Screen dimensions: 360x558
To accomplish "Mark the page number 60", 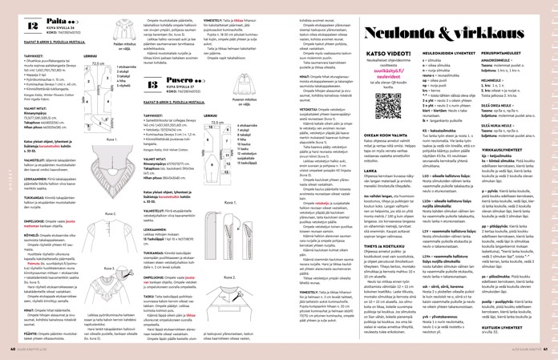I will point(6,351).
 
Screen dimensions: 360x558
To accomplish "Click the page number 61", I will point(552,351).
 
